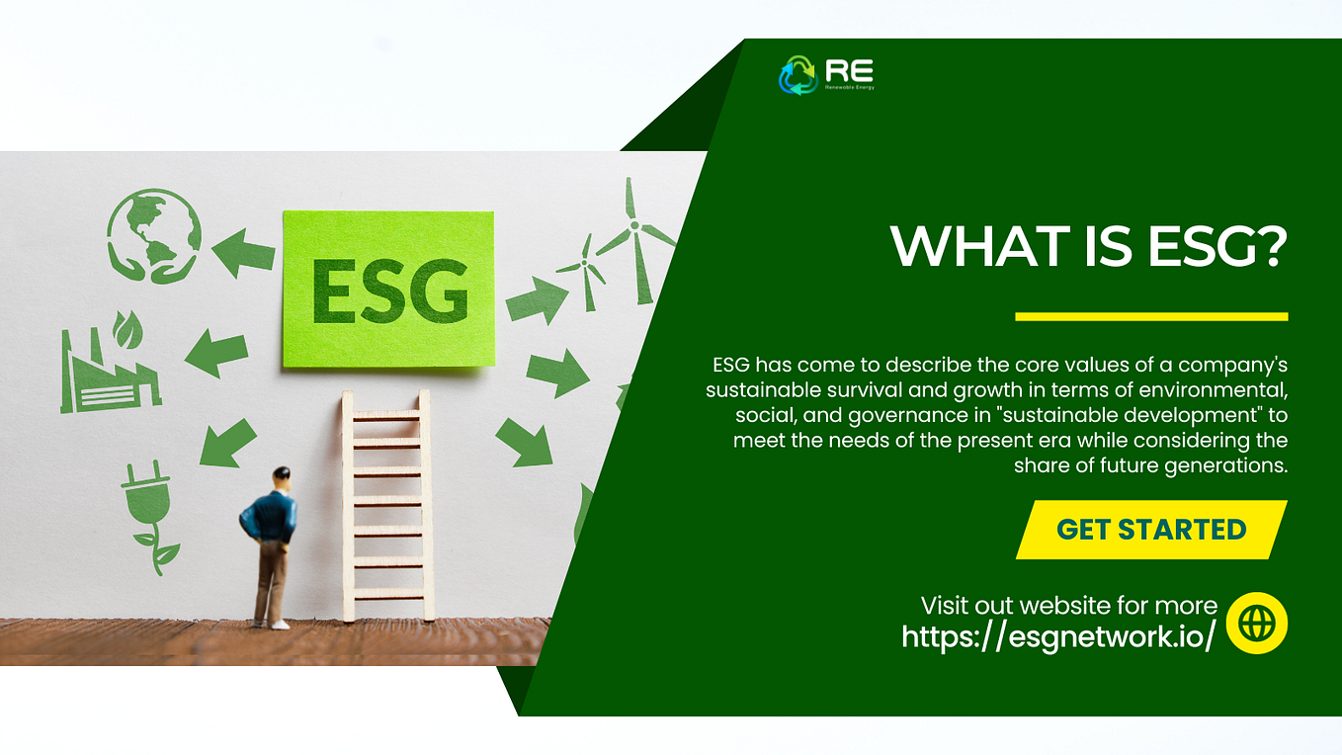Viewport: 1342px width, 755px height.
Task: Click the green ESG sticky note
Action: click(388, 289)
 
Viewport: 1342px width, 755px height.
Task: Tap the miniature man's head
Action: click(282, 476)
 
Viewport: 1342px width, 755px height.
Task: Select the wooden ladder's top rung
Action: click(386, 416)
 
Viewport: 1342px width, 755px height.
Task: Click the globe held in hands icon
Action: click(154, 234)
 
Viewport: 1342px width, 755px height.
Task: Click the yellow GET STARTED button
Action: click(1151, 530)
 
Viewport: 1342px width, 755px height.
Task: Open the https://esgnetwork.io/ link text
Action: click(1058, 636)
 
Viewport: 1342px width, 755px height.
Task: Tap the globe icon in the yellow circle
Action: click(1256, 624)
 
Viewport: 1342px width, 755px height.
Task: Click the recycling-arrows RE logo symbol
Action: click(797, 75)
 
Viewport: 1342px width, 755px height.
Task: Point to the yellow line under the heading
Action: click(1151, 316)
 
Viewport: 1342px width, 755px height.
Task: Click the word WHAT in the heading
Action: click(960, 247)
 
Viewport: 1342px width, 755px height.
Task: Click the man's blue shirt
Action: click(268, 517)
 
